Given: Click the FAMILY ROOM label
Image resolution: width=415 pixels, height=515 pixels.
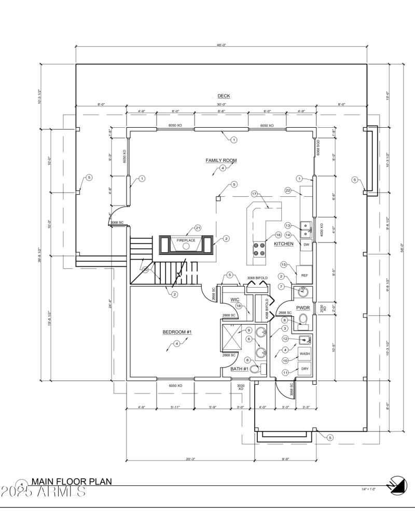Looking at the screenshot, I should click(x=221, y=160).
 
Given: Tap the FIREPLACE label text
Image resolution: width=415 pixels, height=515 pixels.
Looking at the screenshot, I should click(x=186, y=241).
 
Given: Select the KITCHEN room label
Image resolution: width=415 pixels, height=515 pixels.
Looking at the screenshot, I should click(x=284, y=243).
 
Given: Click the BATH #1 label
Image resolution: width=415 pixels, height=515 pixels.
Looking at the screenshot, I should click(x=240, y=369).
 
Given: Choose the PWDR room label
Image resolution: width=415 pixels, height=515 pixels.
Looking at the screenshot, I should click(x=303, y=307).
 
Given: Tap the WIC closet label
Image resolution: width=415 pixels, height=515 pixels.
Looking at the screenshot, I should click(x=234, y=300).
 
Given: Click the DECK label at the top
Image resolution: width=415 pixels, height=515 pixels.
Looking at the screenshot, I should click(x=224, y=96).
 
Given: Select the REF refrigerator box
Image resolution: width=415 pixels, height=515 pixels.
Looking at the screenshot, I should click(x=305, y=275).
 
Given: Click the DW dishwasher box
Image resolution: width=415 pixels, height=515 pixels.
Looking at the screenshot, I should click(x=306, y=244).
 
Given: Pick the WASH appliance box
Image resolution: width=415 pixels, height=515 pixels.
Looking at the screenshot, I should click(x=305, y=354).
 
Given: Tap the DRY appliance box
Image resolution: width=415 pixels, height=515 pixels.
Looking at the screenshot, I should click(x=305, y=369).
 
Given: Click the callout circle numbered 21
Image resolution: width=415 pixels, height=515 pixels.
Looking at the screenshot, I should click(x=198, y=228).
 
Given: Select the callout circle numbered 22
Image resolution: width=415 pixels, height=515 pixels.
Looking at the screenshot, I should click(x=288, y=191).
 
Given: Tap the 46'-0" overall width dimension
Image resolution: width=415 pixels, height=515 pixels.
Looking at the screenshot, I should click(x=221, y=45).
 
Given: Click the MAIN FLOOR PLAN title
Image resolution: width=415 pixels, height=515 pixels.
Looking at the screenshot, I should click(x=71, y=482).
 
